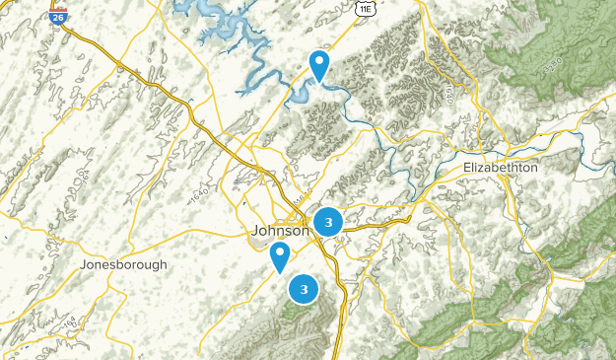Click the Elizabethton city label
coord(501,169)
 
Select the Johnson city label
coord(281,231)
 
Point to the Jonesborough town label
coord(123,265)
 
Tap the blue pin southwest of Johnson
coord(280,257)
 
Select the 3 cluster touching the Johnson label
coord(328,222)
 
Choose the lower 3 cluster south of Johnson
coord(304,289)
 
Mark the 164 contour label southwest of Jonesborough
coord(70,323)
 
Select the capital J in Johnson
coord(256,231)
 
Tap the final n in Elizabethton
coord(534,169)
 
